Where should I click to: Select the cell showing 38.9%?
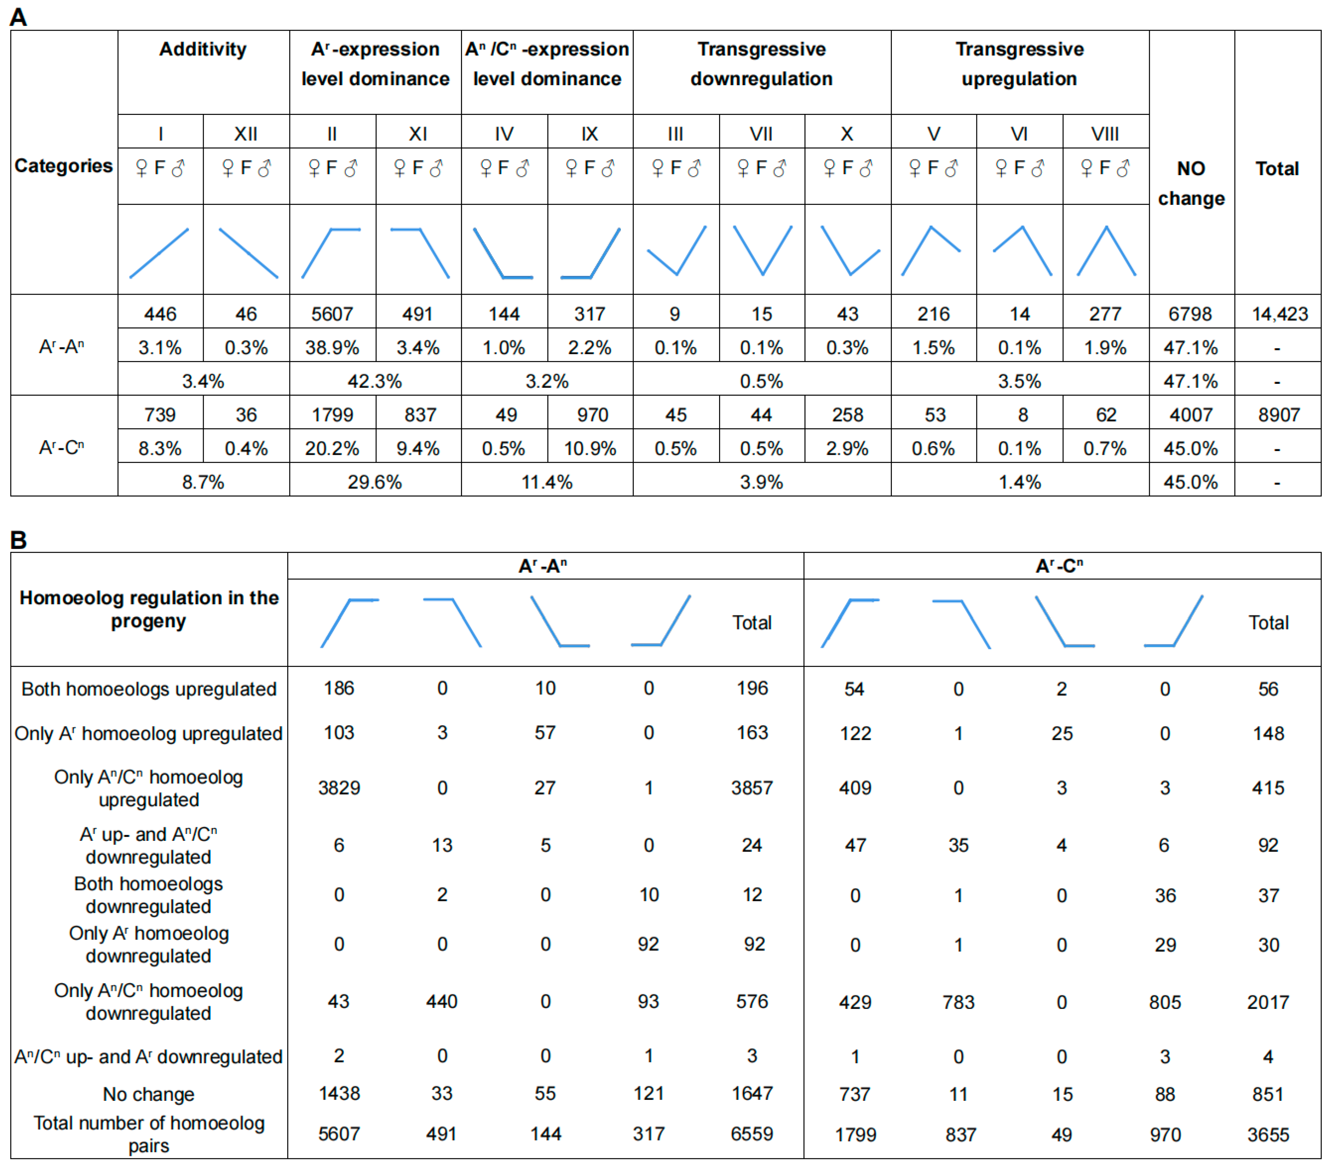click(x=332, y=348)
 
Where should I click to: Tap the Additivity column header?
click(x=203, y=49)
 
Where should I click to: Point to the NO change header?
click(x=1191, y=183)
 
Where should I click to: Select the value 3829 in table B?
click(x=339, y=788)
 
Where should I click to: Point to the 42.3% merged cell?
click(x=375, y=381)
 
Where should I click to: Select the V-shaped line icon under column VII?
click(x=762, y=250)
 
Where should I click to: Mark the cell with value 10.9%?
click(x=590, y=448)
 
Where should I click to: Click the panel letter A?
click(x=18, y=17)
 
